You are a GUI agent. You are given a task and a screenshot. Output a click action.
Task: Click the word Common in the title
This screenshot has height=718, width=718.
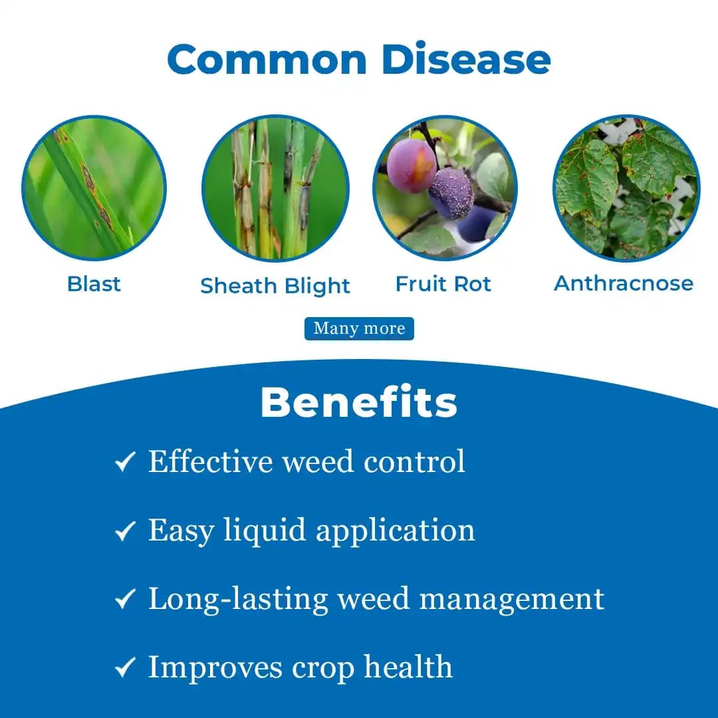pos(267,59)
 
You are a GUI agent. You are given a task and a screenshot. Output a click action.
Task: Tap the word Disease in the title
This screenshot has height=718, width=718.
pos(466,59)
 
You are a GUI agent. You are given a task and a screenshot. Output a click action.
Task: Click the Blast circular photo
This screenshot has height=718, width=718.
pos(94,187)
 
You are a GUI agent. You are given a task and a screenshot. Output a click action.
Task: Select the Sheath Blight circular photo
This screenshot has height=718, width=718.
pos(275,189)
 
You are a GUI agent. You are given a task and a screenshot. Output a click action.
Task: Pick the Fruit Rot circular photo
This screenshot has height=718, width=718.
pos(444,188)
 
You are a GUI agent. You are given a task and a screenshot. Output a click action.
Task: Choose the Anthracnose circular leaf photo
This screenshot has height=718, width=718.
pos(626,188)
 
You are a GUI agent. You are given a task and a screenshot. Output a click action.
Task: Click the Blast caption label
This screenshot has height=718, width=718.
pos(94,284)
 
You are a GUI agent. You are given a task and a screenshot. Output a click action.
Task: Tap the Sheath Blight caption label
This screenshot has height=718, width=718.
pos(275,286)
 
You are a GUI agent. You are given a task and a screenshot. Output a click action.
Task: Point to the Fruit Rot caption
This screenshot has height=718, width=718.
pos(443,284)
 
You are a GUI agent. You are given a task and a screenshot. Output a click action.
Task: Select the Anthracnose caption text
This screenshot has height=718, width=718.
pos(624,283)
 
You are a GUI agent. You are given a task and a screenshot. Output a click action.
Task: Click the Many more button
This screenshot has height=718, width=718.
pos(359,328)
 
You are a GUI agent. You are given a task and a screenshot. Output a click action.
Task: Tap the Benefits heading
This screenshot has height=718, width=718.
pos(359,402)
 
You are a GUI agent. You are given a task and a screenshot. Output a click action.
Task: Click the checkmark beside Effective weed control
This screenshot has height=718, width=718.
pos(125,462)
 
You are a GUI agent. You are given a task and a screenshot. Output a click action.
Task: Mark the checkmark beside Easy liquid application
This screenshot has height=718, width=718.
pos(125,531)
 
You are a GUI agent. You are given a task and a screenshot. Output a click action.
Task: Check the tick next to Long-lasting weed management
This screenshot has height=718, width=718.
pos(125,599)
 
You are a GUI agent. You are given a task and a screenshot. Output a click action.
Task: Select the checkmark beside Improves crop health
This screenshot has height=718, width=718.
pos(125,667)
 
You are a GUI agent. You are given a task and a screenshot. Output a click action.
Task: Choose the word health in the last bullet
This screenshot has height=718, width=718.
pos(408,667)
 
